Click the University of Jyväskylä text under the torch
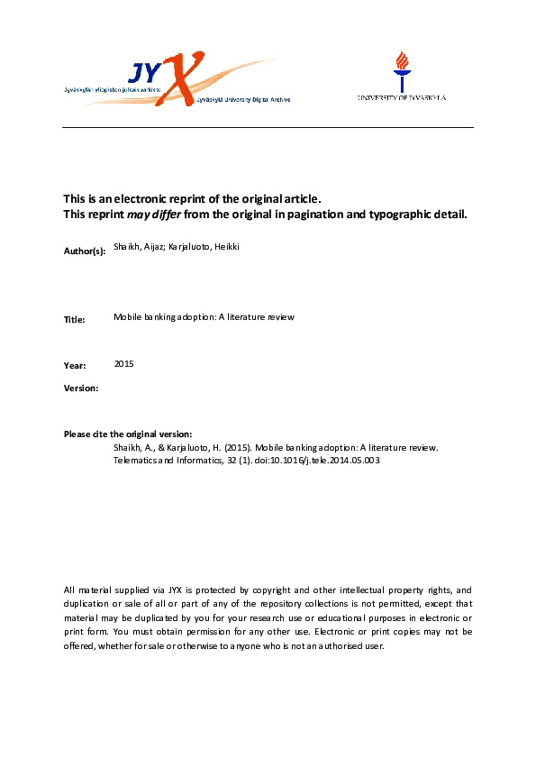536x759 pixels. [x=402, y=97]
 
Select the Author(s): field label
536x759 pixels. [x=85, y=251]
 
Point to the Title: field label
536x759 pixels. [x=75, y=320]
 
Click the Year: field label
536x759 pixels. [x=75, y=366]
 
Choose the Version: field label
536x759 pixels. [x=81, y=388]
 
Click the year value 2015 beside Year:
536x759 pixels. [x=124, y=363]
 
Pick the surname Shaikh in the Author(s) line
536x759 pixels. [x=127, y=246]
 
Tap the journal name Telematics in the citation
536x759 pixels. [x=133, y=460]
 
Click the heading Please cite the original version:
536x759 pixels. [x=128, y=434]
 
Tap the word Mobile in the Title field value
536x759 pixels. [x=128, y=317]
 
